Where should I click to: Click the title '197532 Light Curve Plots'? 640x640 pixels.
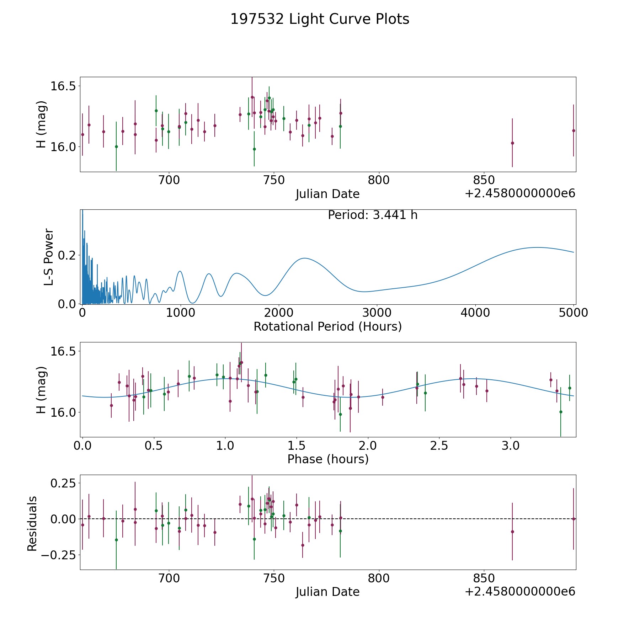coord(320,19)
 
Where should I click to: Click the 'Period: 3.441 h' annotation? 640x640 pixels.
coord(372,215)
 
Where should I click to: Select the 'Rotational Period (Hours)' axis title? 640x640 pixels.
coord(327,326)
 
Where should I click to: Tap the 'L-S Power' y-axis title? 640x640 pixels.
coord(49,257)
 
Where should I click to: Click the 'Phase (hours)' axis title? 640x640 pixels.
coord(327,459)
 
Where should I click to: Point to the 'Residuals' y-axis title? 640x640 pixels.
coord(32,524)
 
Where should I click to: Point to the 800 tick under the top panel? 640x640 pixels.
coord(379,180)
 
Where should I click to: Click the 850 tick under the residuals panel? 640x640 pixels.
coord(484,578)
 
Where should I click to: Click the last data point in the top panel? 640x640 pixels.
coord(573,130)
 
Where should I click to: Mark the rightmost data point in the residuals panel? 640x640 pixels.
coord(573,519)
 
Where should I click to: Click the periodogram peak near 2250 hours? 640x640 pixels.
coord(304,258)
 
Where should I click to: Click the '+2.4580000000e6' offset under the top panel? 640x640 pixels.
coord(520,194)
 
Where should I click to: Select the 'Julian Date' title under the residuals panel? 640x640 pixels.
coord(327,592)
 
